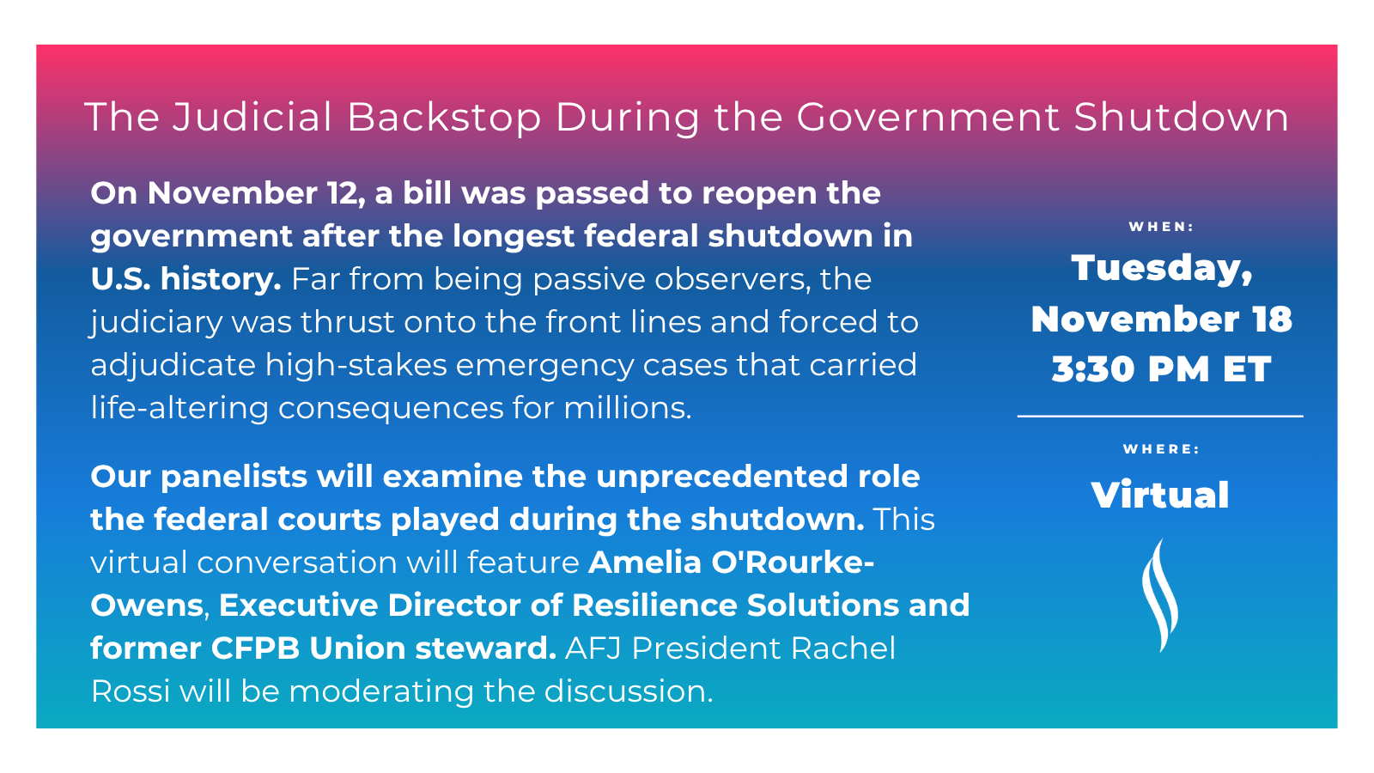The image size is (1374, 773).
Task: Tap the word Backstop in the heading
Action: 444,118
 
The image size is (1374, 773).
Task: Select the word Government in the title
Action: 928,117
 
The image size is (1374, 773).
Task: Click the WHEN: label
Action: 1161,227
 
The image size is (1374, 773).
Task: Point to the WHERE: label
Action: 1161,449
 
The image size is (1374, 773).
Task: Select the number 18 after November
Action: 1272,320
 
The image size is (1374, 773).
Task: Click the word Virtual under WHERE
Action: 1160,495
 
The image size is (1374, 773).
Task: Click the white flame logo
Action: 1159,595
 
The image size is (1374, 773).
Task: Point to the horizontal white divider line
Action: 1160,417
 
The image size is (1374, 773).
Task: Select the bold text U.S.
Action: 120,279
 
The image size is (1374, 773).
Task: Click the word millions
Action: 627,409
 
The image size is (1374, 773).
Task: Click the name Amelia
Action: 645,563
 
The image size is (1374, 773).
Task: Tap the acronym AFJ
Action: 593,648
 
